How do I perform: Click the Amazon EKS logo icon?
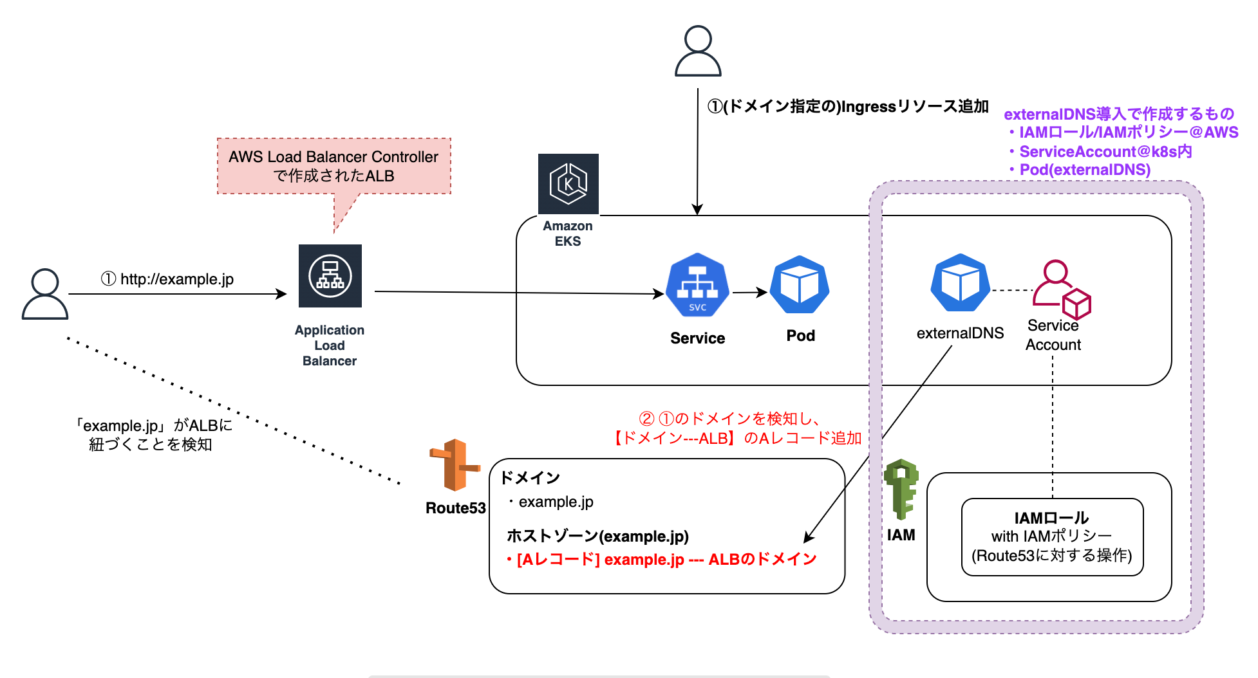pos(568,184)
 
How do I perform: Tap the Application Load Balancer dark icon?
pos(330,276)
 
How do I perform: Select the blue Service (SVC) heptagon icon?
pos(697,286)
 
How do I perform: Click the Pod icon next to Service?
pos(800,285)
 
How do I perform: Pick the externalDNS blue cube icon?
pos(960,283)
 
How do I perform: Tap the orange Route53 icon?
pos(455,465)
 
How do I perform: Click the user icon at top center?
pos(698,51)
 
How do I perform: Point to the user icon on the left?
pos(45,294)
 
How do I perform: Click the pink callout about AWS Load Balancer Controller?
pos(333,166)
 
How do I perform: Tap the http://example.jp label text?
pos(168,279)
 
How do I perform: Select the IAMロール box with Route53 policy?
pos(1052,536)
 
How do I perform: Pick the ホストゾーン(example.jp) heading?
pos(597,536)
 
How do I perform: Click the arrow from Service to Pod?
pos(749,293)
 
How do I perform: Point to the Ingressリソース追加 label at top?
pos(848,107)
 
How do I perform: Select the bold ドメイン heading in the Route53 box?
pos(530,477)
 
